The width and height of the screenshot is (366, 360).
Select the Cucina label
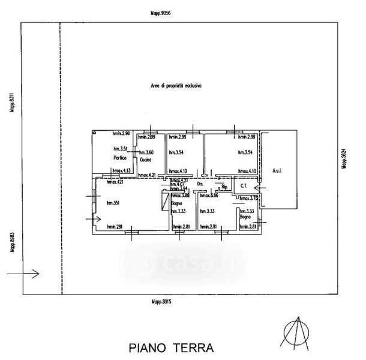coord(145,161)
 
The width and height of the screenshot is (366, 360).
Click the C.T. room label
coord(244,186)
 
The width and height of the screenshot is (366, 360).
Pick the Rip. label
coord(224,187)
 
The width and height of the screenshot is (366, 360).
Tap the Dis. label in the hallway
coord(200,183)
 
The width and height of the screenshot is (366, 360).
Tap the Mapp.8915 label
coord(161,302)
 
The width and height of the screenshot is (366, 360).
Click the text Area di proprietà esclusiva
coord(176,86)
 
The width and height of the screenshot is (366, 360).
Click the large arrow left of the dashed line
coord(24,274)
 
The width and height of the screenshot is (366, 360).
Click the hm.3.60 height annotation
coord(147,152)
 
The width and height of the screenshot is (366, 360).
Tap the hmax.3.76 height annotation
coord(248,198)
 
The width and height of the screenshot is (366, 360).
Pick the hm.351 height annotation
coord(114,203)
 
